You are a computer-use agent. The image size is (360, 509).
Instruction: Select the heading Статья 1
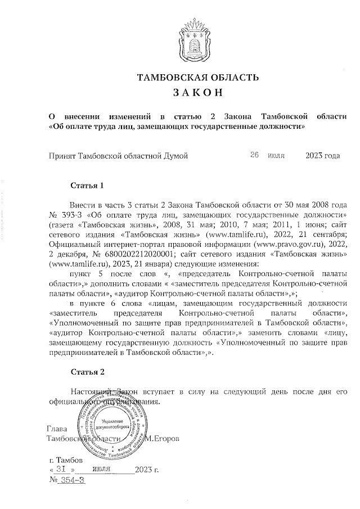coord(88,185)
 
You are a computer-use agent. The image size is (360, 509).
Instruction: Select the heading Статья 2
coord(88,372)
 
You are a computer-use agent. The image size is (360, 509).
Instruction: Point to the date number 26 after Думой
coord(254,154)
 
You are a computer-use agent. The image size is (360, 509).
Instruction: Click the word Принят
coord(62,155)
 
